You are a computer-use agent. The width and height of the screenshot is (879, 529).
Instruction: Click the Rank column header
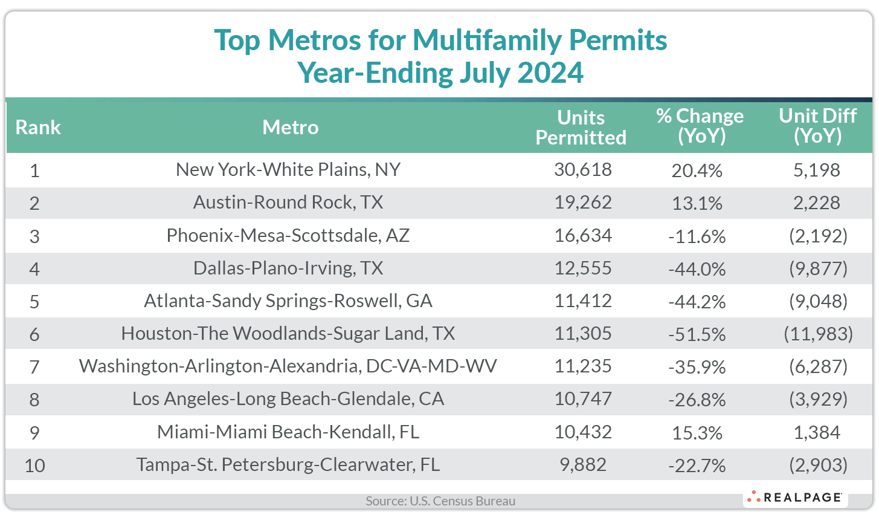click(38, 128)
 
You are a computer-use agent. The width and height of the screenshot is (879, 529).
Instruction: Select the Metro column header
click(290, 128)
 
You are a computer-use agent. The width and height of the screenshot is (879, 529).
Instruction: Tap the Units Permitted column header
click(581, 128)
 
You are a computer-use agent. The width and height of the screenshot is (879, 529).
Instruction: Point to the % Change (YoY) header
click(700, 126)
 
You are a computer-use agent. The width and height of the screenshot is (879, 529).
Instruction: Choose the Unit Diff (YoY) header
click(817, 126)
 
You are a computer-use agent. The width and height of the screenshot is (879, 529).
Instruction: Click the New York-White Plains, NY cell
click(288, 170)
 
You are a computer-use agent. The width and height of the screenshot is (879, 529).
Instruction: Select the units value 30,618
click(583, 170)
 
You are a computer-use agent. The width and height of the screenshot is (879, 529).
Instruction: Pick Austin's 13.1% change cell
click(697, 203)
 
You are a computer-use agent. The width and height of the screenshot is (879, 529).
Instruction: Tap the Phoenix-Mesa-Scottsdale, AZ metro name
click(288, 235)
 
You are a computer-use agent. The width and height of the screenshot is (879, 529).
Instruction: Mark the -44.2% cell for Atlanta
click(697, 301)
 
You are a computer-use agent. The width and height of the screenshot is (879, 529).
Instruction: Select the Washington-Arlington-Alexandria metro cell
click(288, 366)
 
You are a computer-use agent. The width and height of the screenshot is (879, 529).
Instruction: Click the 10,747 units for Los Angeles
click(583, 399)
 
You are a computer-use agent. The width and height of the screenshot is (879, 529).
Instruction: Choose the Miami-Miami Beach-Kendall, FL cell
click(288, 432)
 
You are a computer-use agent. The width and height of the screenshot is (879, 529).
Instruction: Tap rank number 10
click(35, 466)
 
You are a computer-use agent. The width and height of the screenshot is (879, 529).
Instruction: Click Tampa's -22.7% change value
click(697, 466)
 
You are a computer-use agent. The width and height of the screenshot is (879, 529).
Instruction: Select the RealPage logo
click(795, 498)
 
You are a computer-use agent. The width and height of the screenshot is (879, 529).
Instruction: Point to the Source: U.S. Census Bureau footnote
click(440, 501)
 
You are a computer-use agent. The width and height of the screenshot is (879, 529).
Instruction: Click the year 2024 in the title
click(550, 73)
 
